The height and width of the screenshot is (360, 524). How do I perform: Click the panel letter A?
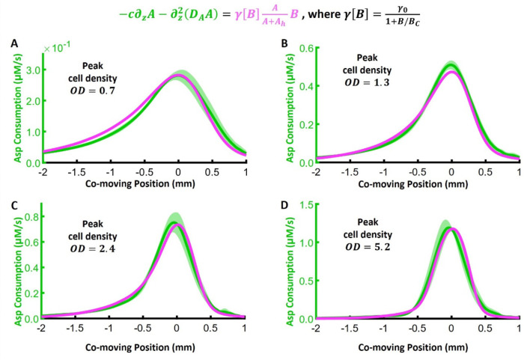pos(13,43)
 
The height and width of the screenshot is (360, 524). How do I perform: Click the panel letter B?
pos(281,43)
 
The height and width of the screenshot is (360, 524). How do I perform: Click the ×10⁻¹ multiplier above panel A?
pos(57,49)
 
